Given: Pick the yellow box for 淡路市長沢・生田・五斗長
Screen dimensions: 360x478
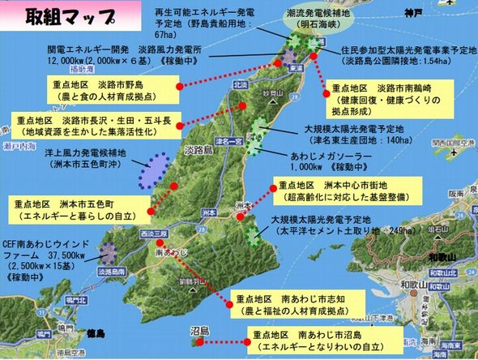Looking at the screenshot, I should (x=96, y=126).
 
